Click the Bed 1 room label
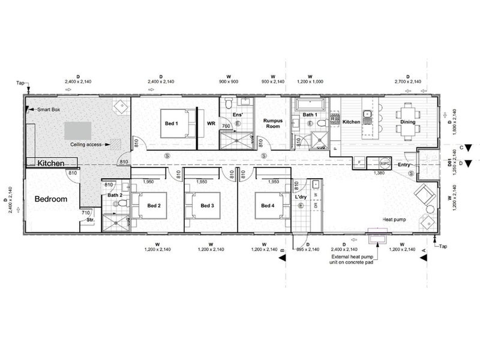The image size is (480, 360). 171,124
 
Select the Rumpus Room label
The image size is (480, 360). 273,124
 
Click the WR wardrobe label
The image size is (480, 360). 211,124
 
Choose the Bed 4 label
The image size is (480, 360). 268,206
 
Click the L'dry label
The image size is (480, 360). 301,197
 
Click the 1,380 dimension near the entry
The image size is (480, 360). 379,173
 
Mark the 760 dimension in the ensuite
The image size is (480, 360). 226,126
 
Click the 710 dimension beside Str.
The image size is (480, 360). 86,212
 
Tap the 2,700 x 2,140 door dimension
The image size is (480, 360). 407,81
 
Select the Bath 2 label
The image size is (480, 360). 115,196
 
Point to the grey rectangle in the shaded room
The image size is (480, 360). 79,130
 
